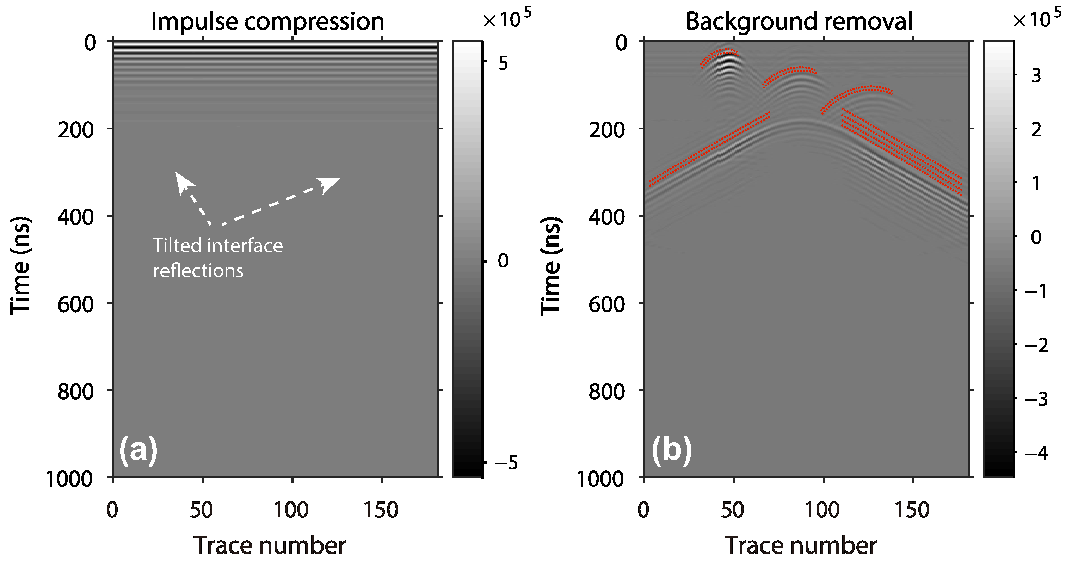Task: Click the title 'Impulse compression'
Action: point(267,21)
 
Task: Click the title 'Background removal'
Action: point(799,21)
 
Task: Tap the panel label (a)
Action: point(138,450)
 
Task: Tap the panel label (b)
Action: point(671,450)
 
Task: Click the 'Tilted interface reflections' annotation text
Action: point(218,258)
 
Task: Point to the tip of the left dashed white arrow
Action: point(176,173)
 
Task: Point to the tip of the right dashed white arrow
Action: point(339,179)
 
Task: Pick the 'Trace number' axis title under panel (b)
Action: point(800,545)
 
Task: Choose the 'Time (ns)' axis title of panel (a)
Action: point(21,266)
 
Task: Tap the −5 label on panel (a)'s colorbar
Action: point(506,463)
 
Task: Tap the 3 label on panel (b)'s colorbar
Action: point(1036,76)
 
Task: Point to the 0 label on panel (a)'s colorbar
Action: point(503,261)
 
